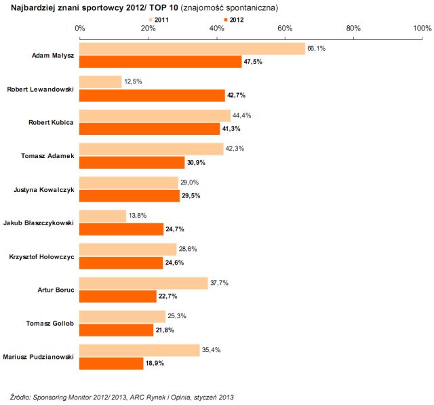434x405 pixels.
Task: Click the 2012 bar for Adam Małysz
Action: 161,62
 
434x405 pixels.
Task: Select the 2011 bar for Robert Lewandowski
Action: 100,82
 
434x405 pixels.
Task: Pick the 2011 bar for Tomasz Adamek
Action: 151,149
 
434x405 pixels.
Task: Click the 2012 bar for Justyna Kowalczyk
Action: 130,195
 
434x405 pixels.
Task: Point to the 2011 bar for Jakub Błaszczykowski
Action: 102,216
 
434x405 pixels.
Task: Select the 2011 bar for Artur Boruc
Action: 144,283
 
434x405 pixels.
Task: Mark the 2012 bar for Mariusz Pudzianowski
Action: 112,363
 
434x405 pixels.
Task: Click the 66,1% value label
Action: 317,49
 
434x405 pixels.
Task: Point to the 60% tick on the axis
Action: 285,28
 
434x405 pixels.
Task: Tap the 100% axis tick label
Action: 421,28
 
